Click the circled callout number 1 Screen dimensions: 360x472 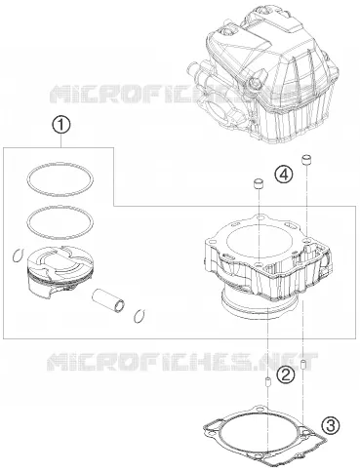[x=61, y=126]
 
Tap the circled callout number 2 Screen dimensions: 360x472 [x=285, y=375]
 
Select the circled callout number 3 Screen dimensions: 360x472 [x=331, y=425]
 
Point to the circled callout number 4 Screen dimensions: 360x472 [x=283, y=175]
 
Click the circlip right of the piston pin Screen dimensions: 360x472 [x=140, y=316]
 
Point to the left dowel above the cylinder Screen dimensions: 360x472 [x=258, y=183]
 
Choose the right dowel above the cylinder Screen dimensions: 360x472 [x=305, y=160]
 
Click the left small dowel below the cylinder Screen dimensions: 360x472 [x=268, y=381]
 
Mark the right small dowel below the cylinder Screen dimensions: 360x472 [x=303, y=365]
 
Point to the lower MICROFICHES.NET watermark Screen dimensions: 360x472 [x=182, y=362]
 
